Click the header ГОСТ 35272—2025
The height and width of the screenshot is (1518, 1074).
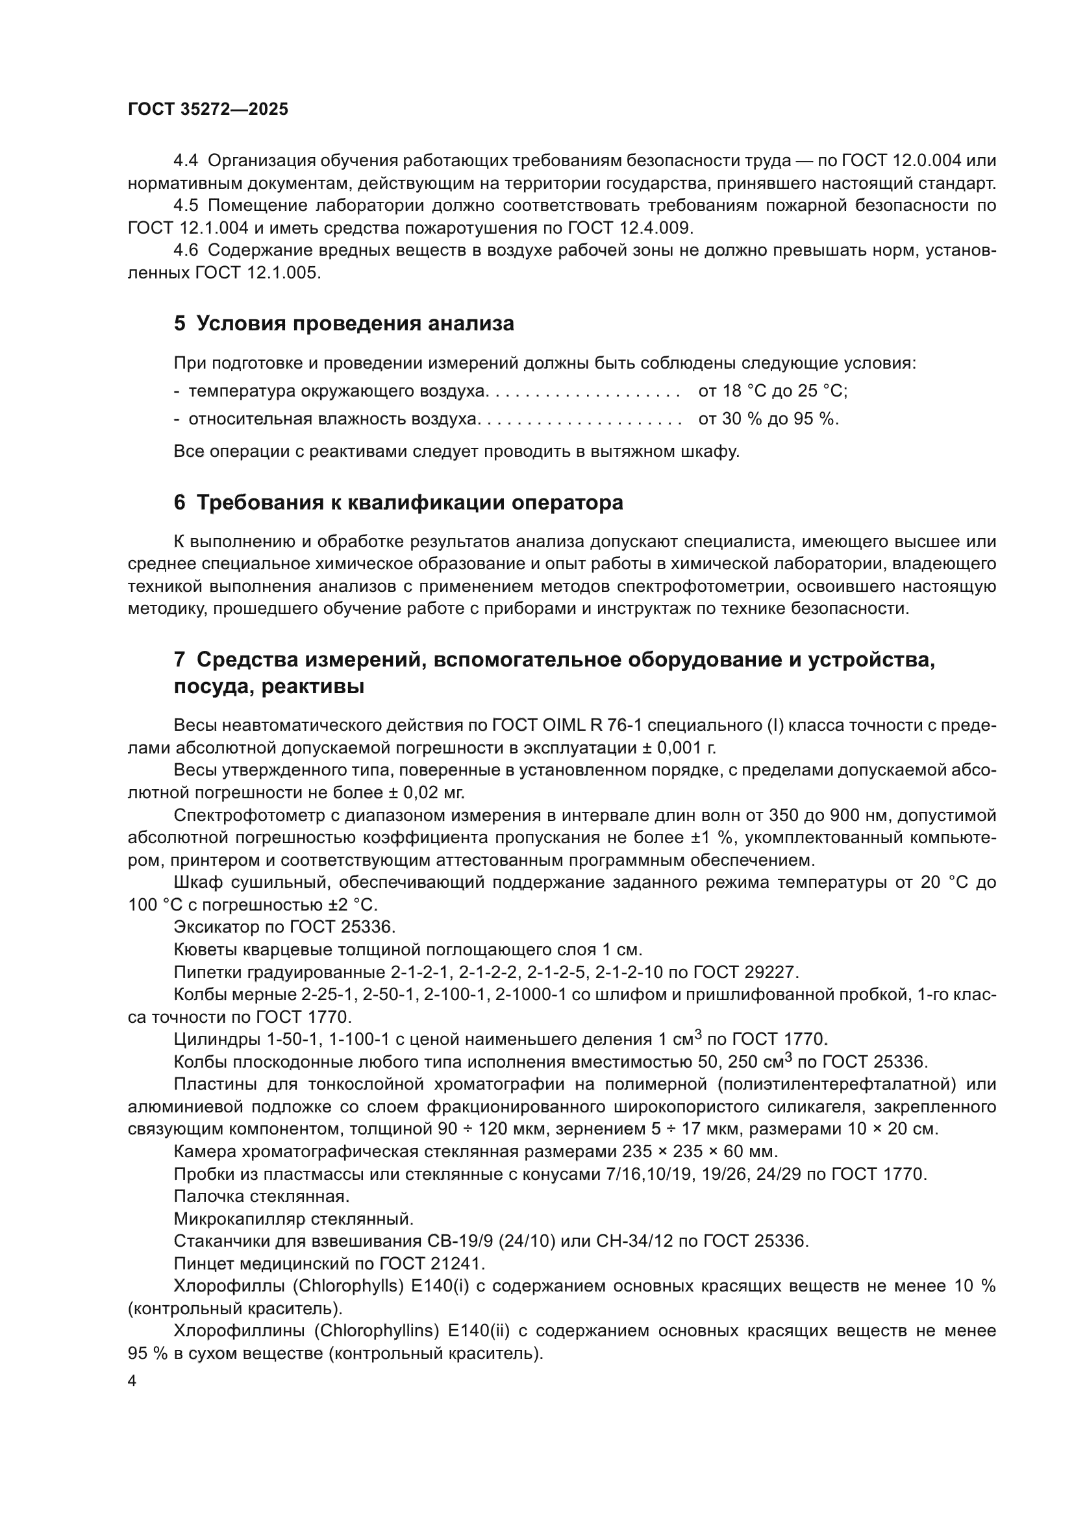[x=208, y=110]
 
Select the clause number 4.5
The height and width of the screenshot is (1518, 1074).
[x=186, y=206]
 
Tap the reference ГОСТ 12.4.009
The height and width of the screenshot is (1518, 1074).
[x=629, y=228]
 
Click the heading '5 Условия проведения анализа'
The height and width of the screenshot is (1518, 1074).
[x=344, y=324]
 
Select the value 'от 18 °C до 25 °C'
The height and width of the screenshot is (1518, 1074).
[x=773, y=391]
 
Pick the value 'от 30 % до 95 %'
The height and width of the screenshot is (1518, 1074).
[x=768, y=419]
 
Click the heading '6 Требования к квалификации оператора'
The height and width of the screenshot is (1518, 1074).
[x=398, y=502]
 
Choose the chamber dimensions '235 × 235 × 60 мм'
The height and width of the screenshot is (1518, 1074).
[x=700, y=1151]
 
